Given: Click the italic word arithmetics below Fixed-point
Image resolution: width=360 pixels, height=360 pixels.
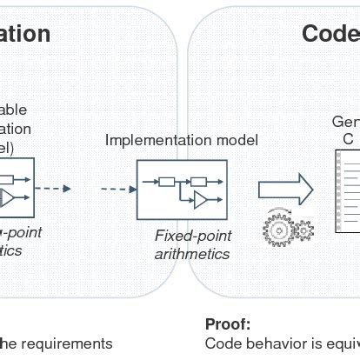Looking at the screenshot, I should click(191, 254).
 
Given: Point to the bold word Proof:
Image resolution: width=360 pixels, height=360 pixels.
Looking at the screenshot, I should click(228, 324).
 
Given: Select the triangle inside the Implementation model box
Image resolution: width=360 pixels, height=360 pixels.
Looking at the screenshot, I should click(202, 202).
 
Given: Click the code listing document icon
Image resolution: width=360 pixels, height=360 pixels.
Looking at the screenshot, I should click(348, 191).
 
